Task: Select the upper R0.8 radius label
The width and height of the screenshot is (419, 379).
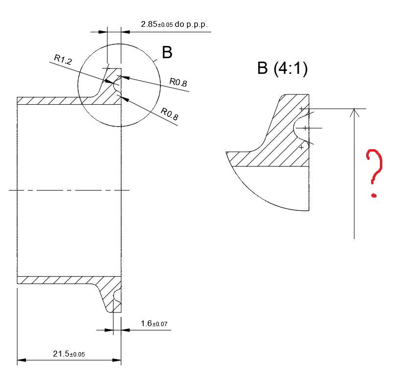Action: tap(178, 83)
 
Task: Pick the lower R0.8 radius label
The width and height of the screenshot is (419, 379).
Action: tap(169, 115)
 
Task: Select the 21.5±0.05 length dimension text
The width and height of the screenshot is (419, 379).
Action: tap(68, 354)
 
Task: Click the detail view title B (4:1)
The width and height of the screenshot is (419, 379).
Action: tap(282, 69)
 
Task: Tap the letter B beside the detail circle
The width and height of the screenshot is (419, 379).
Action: tap(167, 53)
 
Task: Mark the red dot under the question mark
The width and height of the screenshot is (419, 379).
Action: tap(374, 196)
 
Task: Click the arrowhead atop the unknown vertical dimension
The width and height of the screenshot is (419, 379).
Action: tap(354, 113)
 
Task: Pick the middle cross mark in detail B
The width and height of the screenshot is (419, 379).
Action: tap(305, 128)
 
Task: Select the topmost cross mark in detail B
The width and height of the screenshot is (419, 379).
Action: tap(301, 109)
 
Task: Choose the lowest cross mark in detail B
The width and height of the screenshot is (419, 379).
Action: tap(301, 147)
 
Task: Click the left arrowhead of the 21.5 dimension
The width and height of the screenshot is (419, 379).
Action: tap(21, 361)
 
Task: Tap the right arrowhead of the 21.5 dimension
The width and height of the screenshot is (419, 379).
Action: tap(117, 361)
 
